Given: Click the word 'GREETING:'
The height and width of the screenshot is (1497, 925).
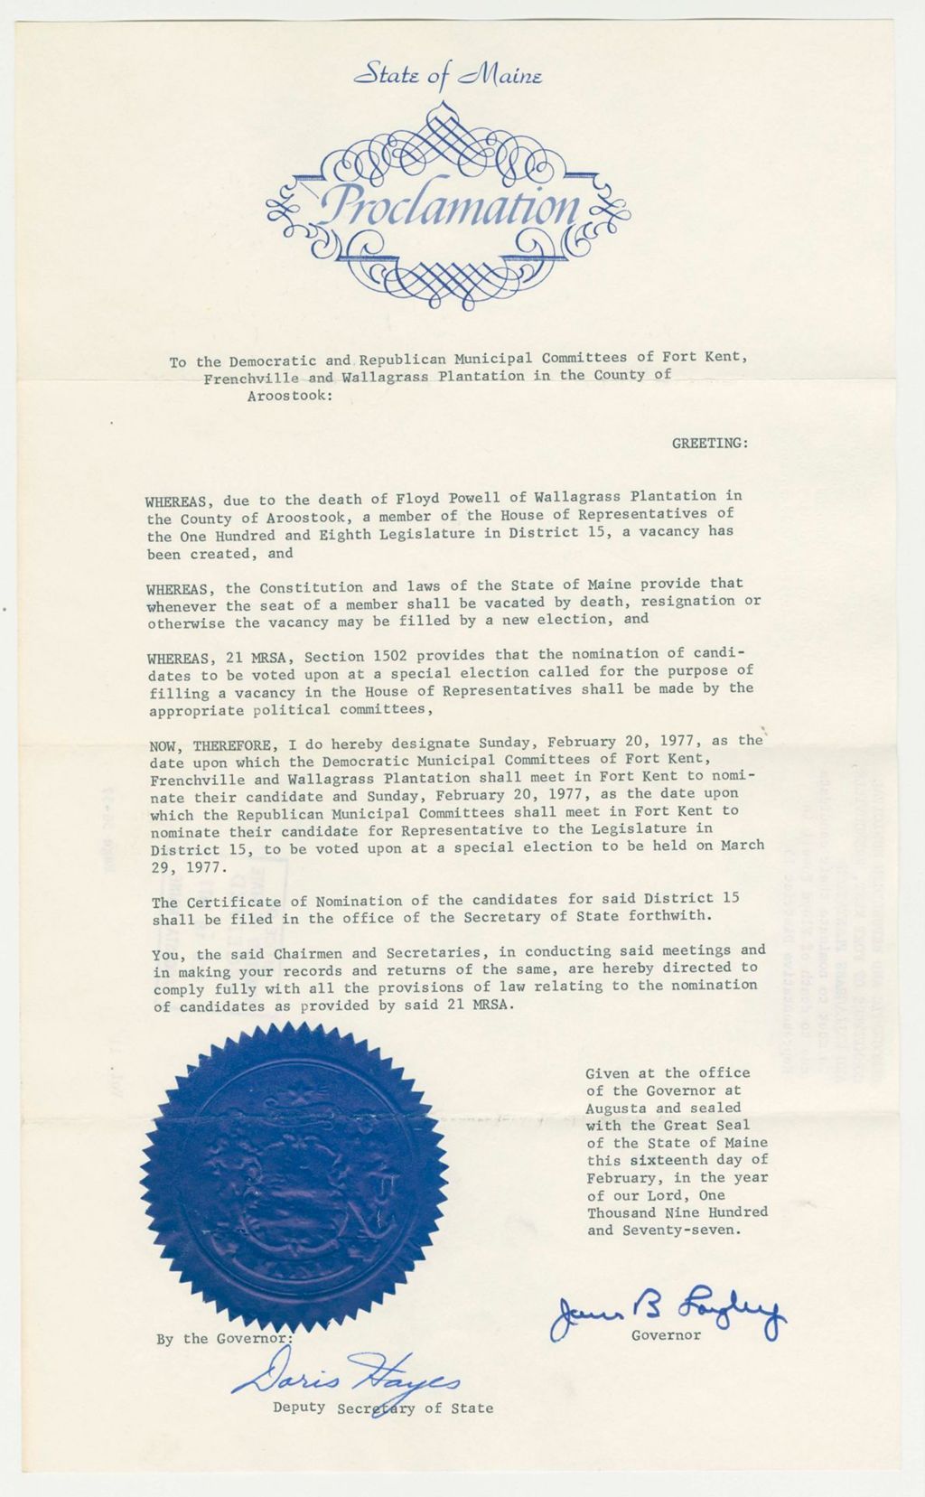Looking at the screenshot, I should point(710,443).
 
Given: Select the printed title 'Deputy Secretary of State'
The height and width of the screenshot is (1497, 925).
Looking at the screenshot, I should point(383,1408).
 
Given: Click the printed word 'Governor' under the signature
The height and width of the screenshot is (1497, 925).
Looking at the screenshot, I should point(666,1334).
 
